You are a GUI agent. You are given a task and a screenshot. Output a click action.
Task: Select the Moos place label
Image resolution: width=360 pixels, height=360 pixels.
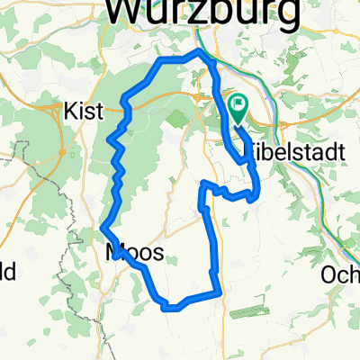(135, 253)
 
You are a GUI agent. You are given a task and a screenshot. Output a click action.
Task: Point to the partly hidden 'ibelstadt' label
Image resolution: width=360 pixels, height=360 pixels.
(298, 153)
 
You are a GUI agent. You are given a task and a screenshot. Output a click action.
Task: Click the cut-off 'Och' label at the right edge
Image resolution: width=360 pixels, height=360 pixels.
(342, 274)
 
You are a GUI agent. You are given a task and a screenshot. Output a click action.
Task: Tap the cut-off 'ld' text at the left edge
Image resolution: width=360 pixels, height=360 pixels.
(7, 274)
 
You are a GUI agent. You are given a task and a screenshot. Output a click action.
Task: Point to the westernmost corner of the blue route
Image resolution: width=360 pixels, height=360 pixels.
(103, 225)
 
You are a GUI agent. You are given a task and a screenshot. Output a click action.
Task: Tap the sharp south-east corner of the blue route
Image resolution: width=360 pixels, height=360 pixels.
(219, 290)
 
